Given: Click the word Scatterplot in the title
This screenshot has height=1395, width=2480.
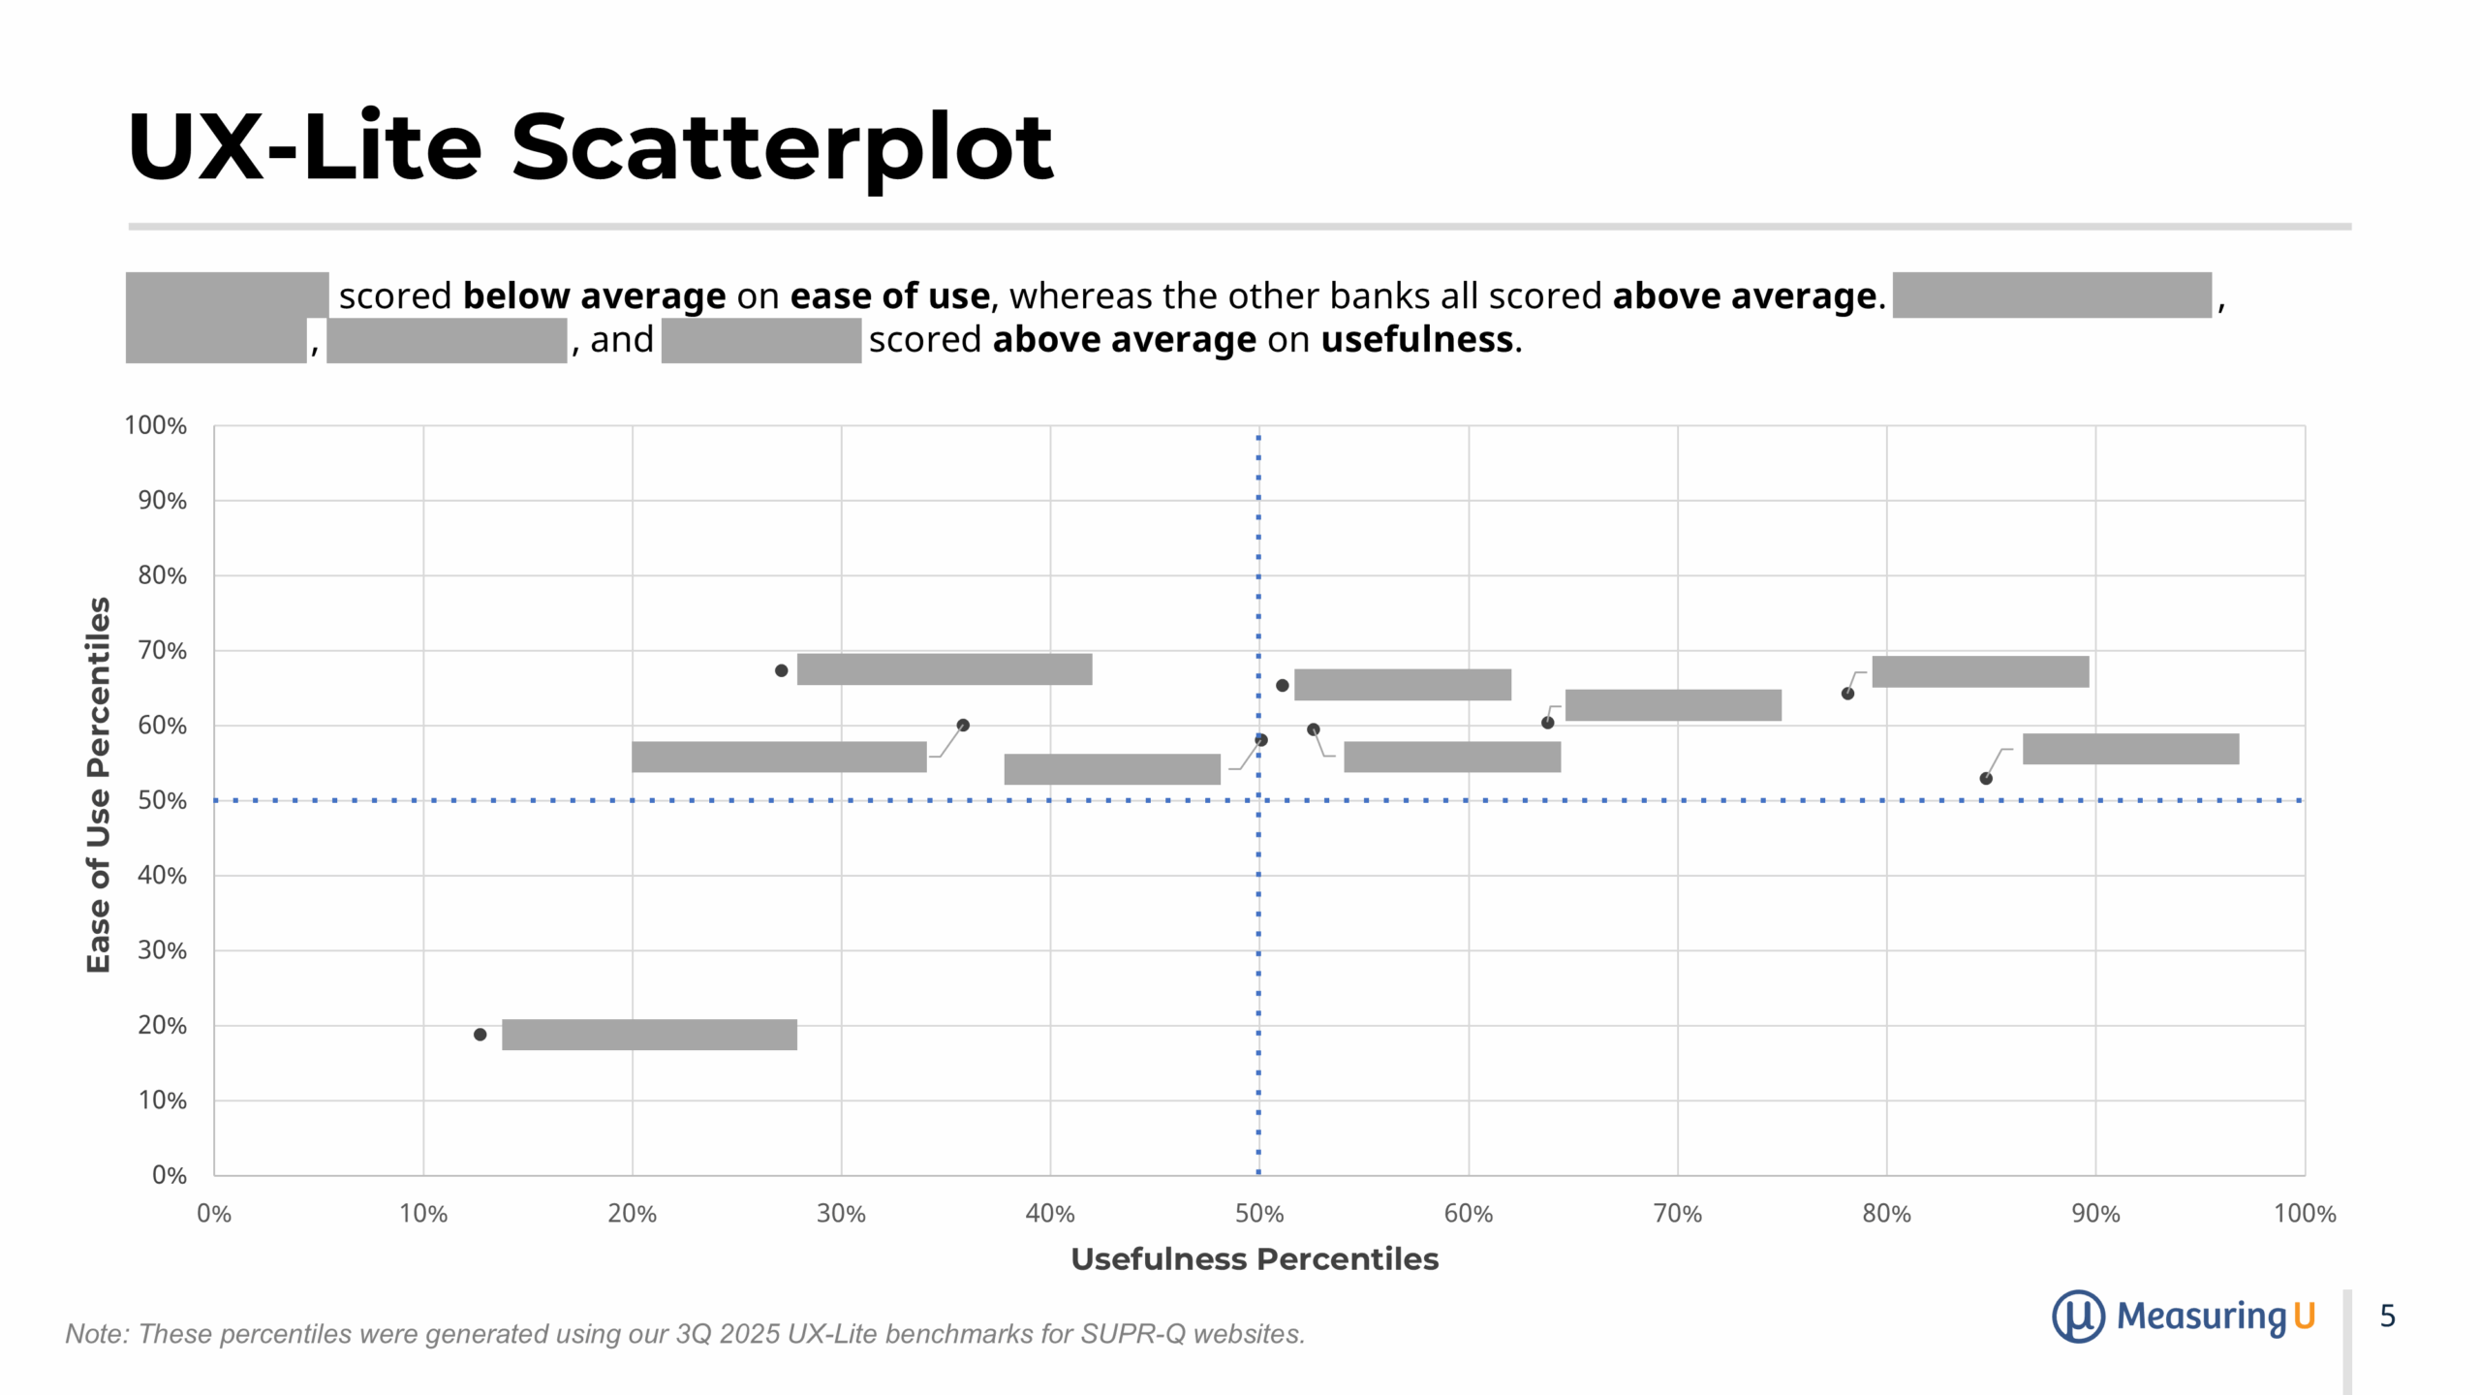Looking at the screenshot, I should (x=781, y=147).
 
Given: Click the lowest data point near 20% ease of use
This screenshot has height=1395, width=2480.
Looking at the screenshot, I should (x=480, y=1035).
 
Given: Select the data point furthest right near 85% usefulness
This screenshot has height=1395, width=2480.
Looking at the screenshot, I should (x=1986, y=779).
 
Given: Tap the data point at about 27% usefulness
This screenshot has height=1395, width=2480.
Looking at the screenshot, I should (x=781, y=670).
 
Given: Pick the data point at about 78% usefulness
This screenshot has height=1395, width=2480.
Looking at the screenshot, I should (x=1847, y=694).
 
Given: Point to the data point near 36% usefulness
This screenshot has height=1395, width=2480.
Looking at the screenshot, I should (x=963, y=726).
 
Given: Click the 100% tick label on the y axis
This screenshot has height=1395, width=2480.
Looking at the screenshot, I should (x=155, y=425).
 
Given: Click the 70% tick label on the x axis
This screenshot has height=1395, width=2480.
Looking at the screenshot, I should (x=1677, y=1214).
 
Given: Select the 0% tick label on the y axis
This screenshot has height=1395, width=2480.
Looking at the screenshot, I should (x=169, y=1175).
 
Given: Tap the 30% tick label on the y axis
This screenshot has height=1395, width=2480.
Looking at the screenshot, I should (x=162, y=950).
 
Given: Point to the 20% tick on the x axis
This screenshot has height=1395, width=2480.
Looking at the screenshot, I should (x=632, y=1214).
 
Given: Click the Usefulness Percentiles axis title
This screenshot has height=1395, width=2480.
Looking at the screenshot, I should (x=1255, y=1259).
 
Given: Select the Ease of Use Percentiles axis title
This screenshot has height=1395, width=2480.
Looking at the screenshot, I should (x=99, y=785).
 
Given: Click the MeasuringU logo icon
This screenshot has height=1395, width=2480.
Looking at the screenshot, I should (x=2077, y=1316).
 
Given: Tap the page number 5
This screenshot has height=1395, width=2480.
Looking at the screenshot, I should (x=2387, y=1316).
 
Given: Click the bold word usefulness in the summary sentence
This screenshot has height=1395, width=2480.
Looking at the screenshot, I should (x=1416, y=340).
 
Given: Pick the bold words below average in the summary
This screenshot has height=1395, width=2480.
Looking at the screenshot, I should (x=594, y=295).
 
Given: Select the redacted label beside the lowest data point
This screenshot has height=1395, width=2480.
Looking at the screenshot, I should (x=649, y=1035).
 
